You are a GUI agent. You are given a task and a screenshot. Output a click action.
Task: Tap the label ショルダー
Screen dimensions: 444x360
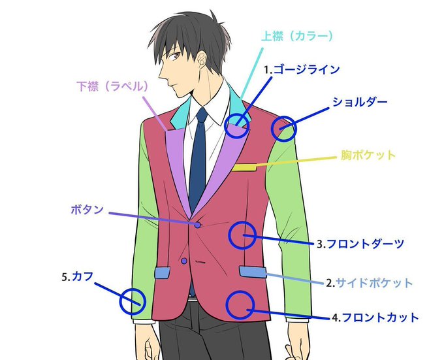coord(360,102)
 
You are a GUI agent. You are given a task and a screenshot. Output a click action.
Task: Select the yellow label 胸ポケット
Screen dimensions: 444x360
coord(368,155)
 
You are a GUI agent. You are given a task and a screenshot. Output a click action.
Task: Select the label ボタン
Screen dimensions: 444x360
coord(86,210)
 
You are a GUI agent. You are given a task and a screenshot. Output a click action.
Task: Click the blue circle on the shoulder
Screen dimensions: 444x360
coord(283,129)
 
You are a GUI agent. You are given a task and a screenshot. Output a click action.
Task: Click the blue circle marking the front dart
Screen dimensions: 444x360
coord(242,235)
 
